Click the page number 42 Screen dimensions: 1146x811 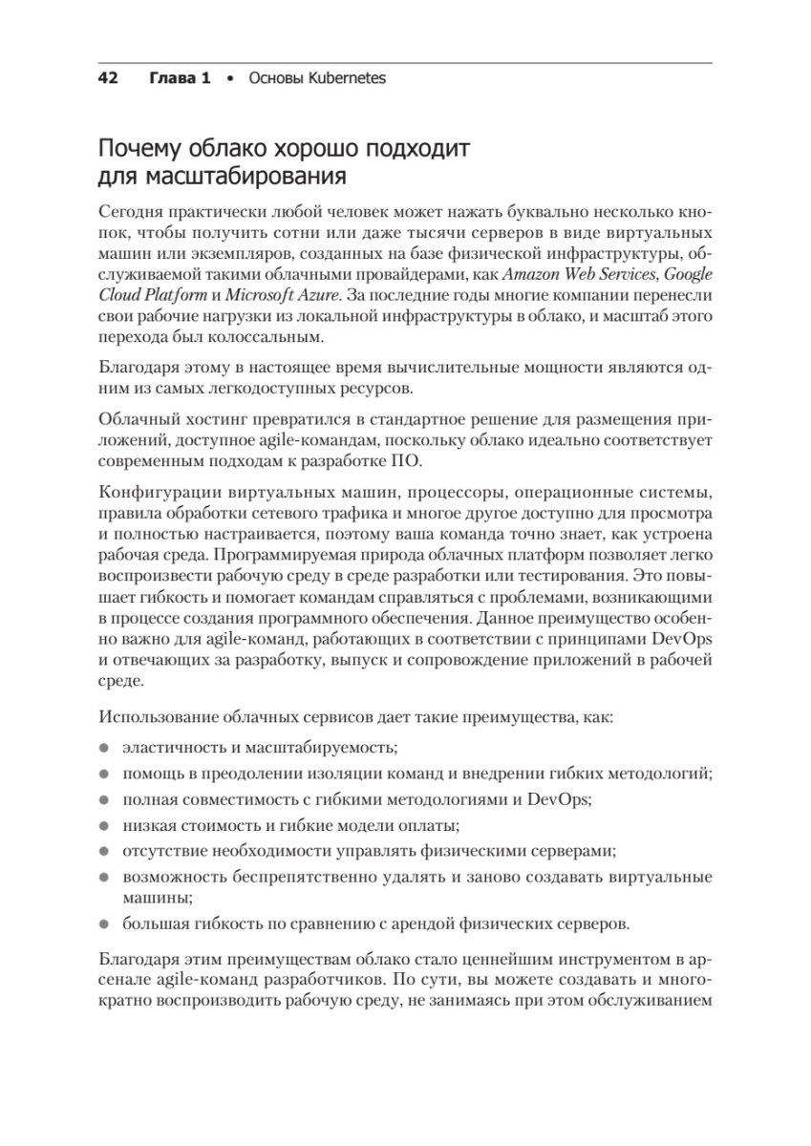coord(108,78)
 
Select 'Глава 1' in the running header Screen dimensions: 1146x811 coord(180,78)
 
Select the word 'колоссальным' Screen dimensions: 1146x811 coord(281,337)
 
